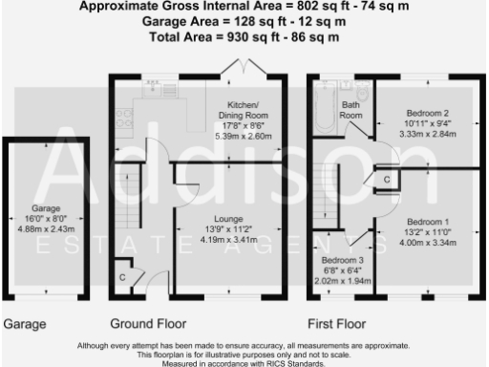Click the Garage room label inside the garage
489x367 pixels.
click(46, 207)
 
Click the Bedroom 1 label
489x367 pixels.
click(426, 223)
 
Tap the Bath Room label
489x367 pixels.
click(351, 110)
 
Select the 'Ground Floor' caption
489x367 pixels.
click(148, 323)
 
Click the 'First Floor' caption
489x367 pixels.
click(336, 323)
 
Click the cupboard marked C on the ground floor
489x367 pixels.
click(122, 277)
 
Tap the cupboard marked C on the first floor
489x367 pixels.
click(387, 180)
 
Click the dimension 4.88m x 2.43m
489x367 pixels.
click(46, 228)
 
